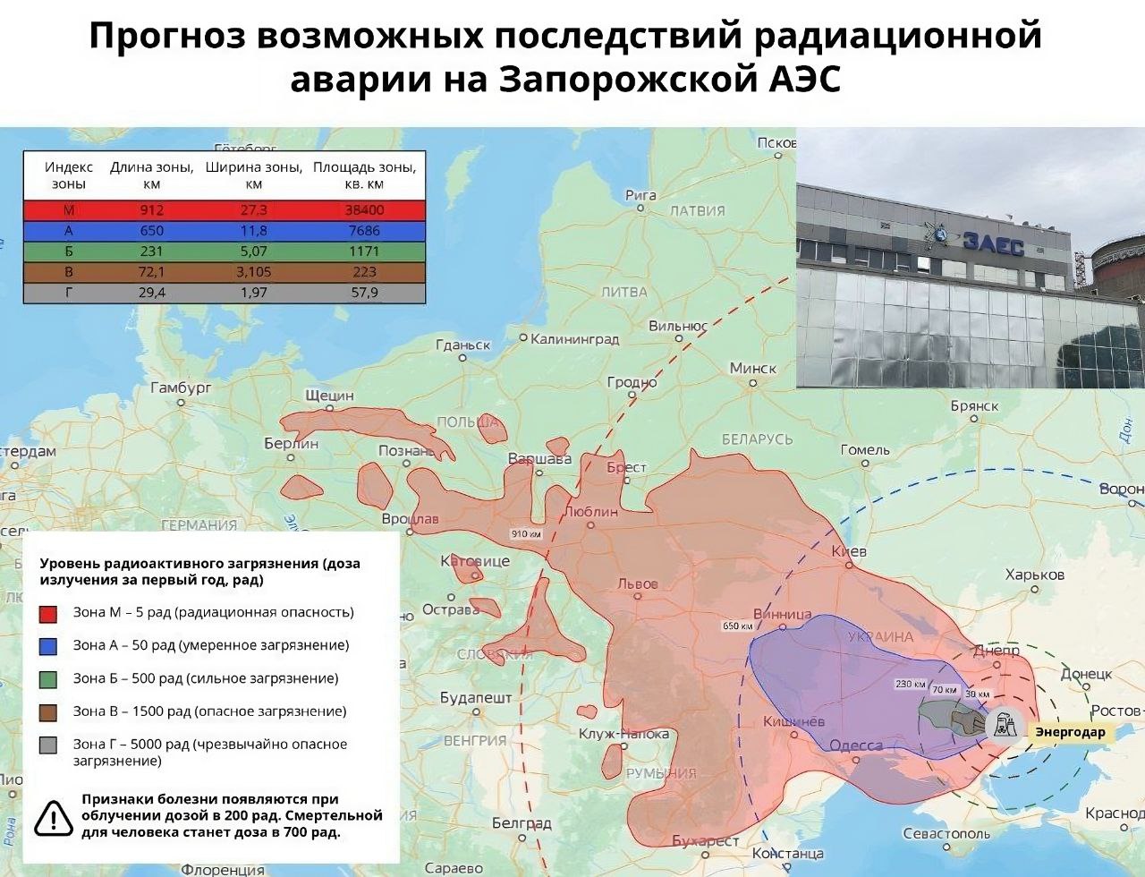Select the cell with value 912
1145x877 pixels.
pos(151,210)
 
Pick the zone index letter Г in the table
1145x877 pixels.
pos(69,293)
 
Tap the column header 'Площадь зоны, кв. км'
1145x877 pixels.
pos(364,175)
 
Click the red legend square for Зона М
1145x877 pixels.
pos(48,613)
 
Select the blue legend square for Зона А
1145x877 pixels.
pos(48,645)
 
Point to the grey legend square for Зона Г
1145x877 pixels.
pos(48,745)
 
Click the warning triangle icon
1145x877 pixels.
pos(54,816)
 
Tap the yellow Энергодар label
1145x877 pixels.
pos(1070,732)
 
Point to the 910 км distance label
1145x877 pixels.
pos(526,534)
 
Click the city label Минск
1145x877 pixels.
pos(753,369)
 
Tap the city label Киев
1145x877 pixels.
pos(849,552)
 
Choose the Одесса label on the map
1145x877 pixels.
pos(856,745)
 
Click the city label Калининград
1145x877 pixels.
pos(574,339)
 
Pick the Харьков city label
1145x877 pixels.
pos(1034,575)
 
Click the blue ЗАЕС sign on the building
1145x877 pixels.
pos(992,243)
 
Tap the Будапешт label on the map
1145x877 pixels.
pos(476,697)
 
